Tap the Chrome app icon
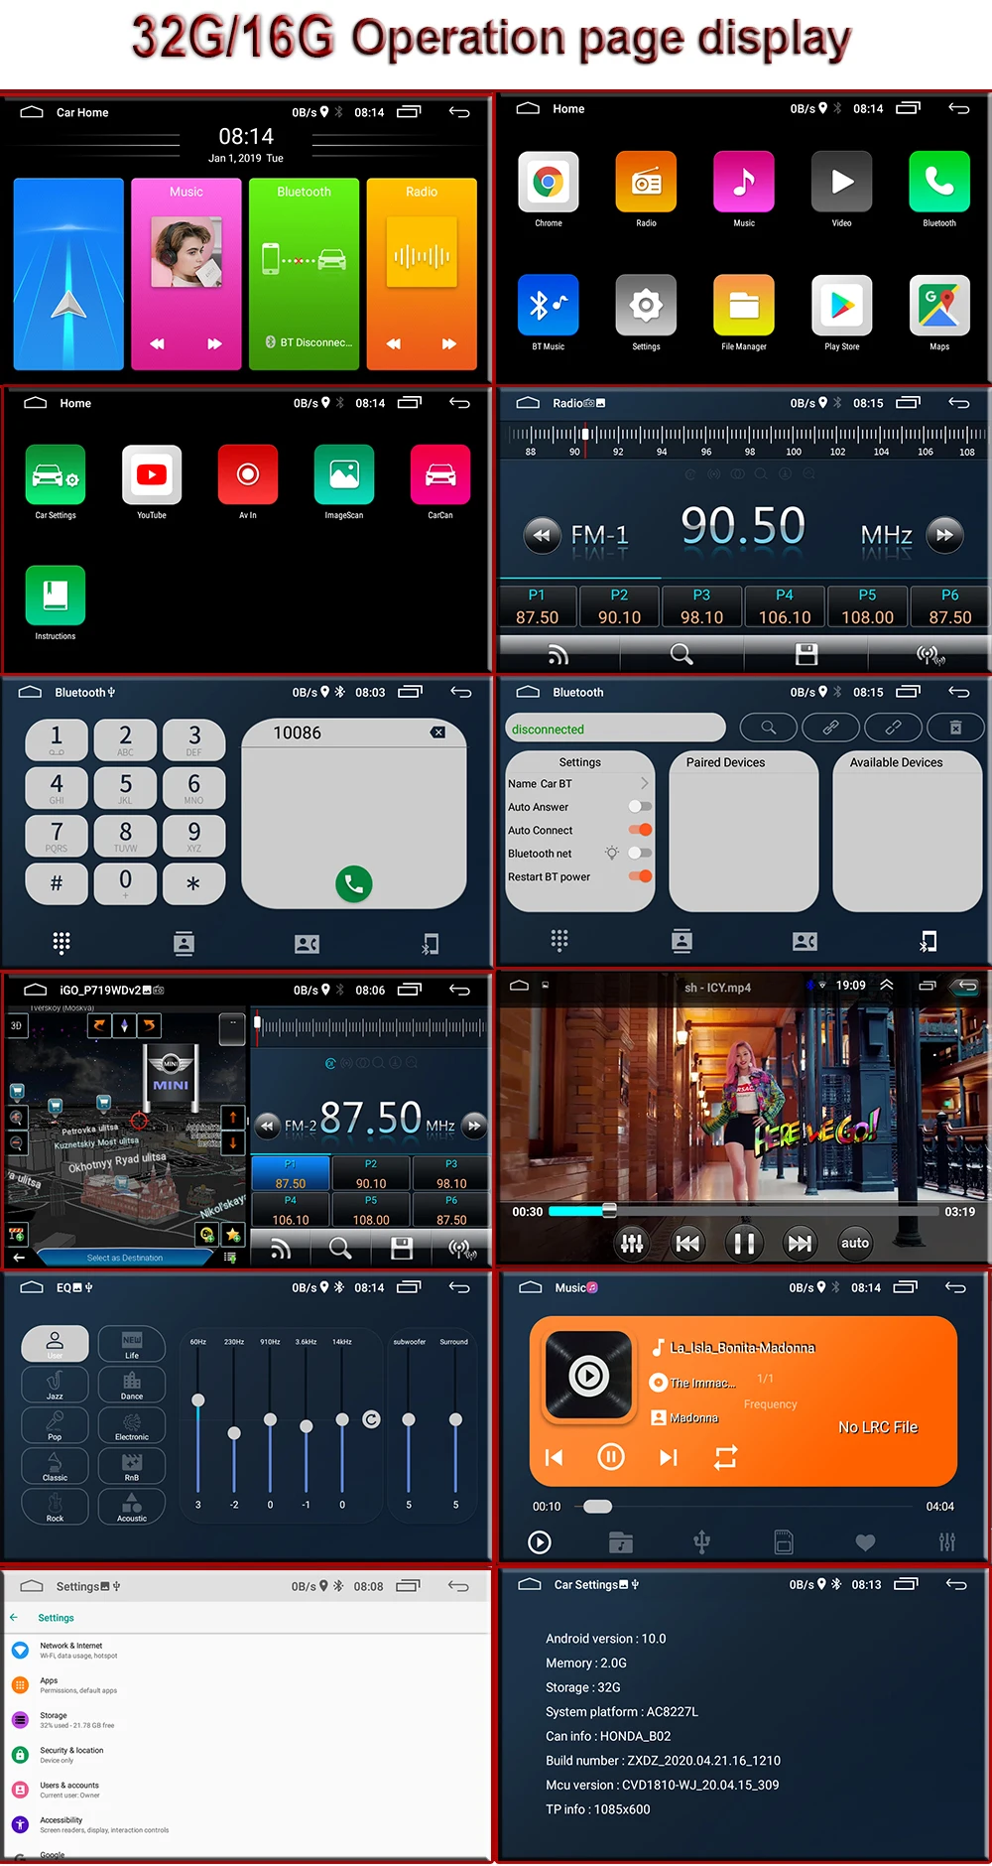pyautogui.click(x=548, y=183)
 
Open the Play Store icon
pyautogui.click(x=841, y=306)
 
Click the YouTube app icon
pyautogui.click(x=152, y=475)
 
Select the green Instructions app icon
pyautogui.click(x=56, y=596)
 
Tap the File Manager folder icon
pyautogui.click(x=744, y=306)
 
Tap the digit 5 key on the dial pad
pyautogui.click(x=125, y=787)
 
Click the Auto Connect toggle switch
pyautogui.click(x=640, y=830)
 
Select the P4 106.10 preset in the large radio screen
pyautogui.click(x=784, y=606)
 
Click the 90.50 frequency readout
pyautogui.click(x=743, y=526)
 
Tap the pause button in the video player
pyautogui.click(x=743, y=1242)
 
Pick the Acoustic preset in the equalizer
pyautogui.click(x=132, y=1507)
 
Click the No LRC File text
pyautogui.click(x=878, y=1427)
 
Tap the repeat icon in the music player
pyautogui.click(x=726, y=1457)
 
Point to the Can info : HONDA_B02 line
pyautogui.click(x=608, y=1736)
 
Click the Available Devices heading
pyautogui.click(x=896, y=762)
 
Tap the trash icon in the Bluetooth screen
pyautogui.click(x=955, y=728)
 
